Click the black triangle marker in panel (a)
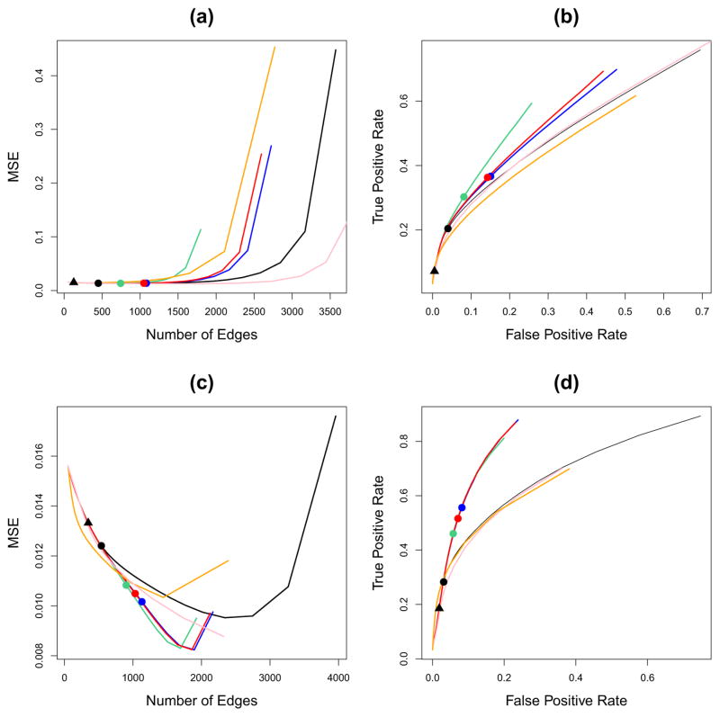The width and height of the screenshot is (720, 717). pos(74,282)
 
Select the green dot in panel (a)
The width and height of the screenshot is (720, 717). pos(121,283)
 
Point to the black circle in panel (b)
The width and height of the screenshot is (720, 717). pos(447,229)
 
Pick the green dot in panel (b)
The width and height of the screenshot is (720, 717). pos(463,197)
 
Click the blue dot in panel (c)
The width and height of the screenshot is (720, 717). pos(142,602)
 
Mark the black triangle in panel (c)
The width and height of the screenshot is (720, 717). pos(88,522)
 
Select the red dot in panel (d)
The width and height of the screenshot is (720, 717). pos(458,519)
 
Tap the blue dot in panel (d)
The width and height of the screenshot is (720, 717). pos(463,508)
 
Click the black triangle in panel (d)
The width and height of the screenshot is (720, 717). pos(439,608)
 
